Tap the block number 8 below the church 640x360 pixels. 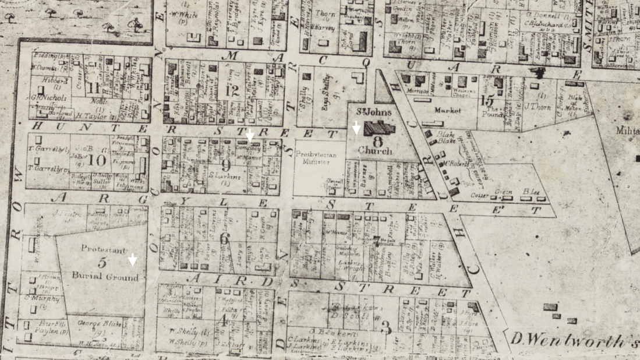(378, 140)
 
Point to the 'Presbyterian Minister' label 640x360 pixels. (313, 158)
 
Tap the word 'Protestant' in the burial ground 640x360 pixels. (103, 249)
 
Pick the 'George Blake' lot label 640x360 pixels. (98, 322)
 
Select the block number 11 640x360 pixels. (94, 87)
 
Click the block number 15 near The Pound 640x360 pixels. (487, 100)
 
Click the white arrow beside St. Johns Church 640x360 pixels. (356, 128)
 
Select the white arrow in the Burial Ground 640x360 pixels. (133, 259)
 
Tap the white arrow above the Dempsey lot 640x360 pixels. (250, 135)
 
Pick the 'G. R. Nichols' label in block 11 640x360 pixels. (48, 98)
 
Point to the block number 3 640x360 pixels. (385, 327)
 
